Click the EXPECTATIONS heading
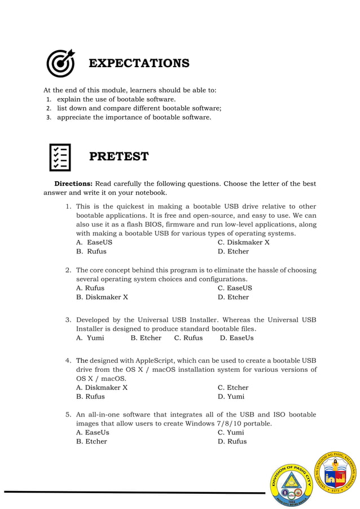[x=139, y=63]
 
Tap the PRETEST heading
[x=118, y=156]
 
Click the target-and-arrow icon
[x=60, y=63]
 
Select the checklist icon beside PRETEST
[x=60, y=157]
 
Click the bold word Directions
[x=73, y=184]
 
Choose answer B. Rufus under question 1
[x=91, y=252]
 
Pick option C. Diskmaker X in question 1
[x=243, y=243]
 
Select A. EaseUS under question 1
[x=94, y=243]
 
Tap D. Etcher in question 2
[x=233, y=297]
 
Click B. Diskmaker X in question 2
[x=102, y=297]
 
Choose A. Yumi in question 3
[x=90, y=338]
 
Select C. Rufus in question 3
[x=188, y=338]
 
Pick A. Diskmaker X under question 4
[x=102, y=388]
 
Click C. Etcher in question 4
[x=232, y=388]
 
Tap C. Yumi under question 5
[x=231, y=432]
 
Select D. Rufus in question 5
[x=232, y=441]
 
